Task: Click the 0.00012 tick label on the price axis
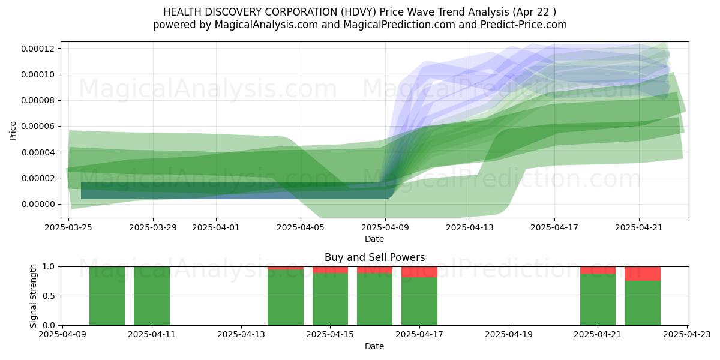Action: pos(38,49)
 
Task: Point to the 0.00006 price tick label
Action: pos(38,127)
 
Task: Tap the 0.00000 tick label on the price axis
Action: pos(38,204)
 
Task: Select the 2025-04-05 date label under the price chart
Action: pos(301,227)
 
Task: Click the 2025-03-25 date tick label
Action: pos(68,227)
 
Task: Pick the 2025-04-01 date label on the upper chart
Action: pos(216,227)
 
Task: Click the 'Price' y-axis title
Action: pos(13,131)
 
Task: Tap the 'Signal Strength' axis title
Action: pos(33,296)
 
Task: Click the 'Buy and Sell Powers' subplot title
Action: pos(374,257)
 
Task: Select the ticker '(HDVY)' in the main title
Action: pos(358,12)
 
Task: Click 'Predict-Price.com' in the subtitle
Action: pos(524,25)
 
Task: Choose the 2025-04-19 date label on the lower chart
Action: pos(509,335)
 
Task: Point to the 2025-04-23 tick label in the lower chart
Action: pos(687,335)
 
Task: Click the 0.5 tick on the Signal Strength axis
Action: pos(49,296)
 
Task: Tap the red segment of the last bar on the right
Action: pos(642,274)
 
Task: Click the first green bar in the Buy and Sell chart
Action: pos(107,296)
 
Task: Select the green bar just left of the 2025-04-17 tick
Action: pos(419,301)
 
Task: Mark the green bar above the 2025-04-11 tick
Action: pos(152,296)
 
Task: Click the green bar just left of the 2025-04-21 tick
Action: pos(598,299)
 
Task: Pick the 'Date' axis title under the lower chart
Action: pos(374,347)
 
